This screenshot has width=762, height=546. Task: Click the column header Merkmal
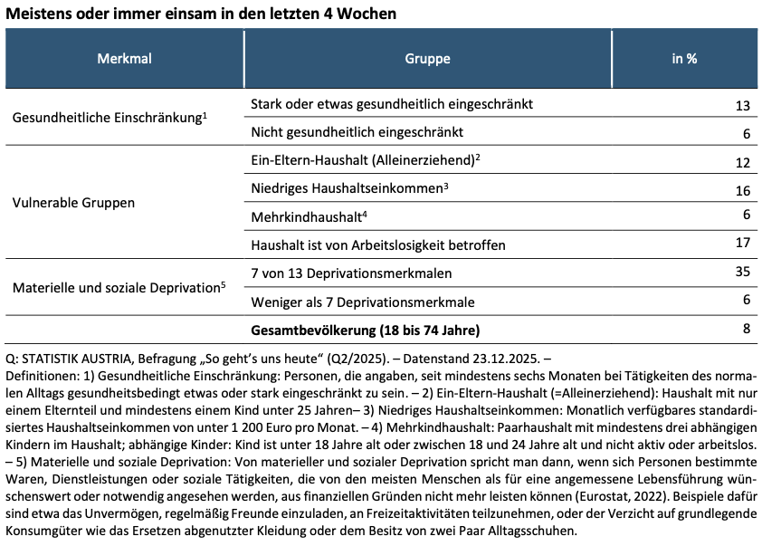[124, 59]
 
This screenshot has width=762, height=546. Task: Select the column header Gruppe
[427, 59]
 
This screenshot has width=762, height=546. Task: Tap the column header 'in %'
[683, 59]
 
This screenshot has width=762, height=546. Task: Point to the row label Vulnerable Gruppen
[74, 203]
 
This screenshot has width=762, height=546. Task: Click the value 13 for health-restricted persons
[743, 106]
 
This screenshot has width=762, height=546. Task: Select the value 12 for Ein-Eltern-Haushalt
[743, 163]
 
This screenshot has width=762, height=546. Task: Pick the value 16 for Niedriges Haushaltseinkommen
[743, 191]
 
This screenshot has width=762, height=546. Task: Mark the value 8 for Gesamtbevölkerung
[747, 328]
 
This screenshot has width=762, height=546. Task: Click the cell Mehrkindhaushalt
[307, 217]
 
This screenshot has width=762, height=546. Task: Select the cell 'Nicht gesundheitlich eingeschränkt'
[357, 132]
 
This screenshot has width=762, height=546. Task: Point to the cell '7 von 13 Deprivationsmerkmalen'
[350, 273]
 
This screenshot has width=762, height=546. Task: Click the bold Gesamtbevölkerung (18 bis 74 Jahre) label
[365, 329]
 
